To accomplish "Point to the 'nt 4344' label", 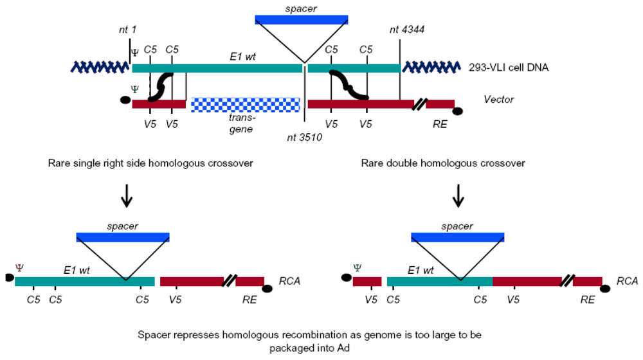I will pos(406,30).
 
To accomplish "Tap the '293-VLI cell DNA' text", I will pos(509,67).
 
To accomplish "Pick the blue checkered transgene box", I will pos(246,104).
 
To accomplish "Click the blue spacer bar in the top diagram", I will pos(301,20).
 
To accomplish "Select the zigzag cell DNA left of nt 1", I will pos(99,67).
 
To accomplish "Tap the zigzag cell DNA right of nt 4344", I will pos(431,67).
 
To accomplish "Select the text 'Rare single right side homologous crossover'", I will pos(150,163).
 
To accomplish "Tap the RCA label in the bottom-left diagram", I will pos(289,281).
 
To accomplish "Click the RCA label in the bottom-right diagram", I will pos(627,281).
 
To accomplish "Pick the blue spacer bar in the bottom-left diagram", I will pos(123,237).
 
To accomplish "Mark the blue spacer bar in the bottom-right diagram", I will pos(457,237).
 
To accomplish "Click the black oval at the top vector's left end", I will pos(125,100).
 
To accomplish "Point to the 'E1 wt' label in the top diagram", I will pos(243,57).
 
